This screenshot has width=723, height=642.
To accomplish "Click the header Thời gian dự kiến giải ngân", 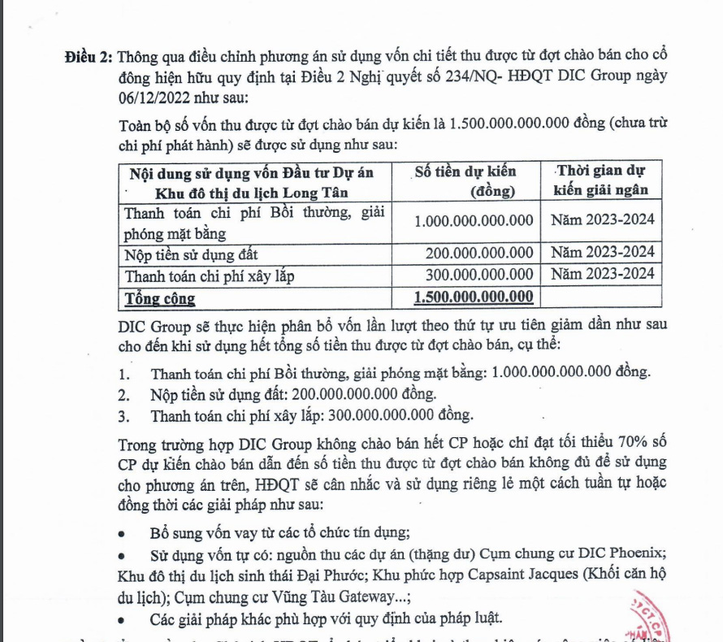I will tap(600, 181).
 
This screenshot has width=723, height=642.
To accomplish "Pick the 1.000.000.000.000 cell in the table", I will tap(474, 220).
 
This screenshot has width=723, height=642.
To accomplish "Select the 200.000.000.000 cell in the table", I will tap(479, 253).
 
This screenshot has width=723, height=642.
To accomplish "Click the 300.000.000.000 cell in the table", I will tap(479, 275).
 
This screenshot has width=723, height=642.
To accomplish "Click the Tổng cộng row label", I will tap(160, 297).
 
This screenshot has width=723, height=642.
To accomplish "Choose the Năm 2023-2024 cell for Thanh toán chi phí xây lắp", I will tap(602, 275).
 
